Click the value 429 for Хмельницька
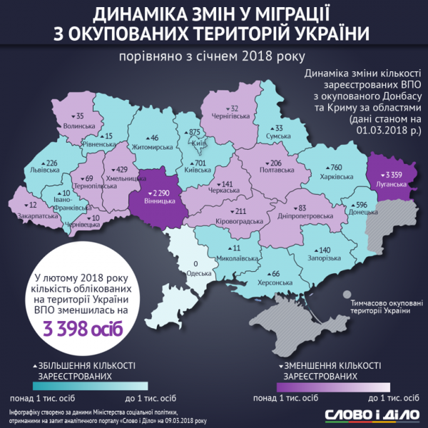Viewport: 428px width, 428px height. [123, 169]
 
